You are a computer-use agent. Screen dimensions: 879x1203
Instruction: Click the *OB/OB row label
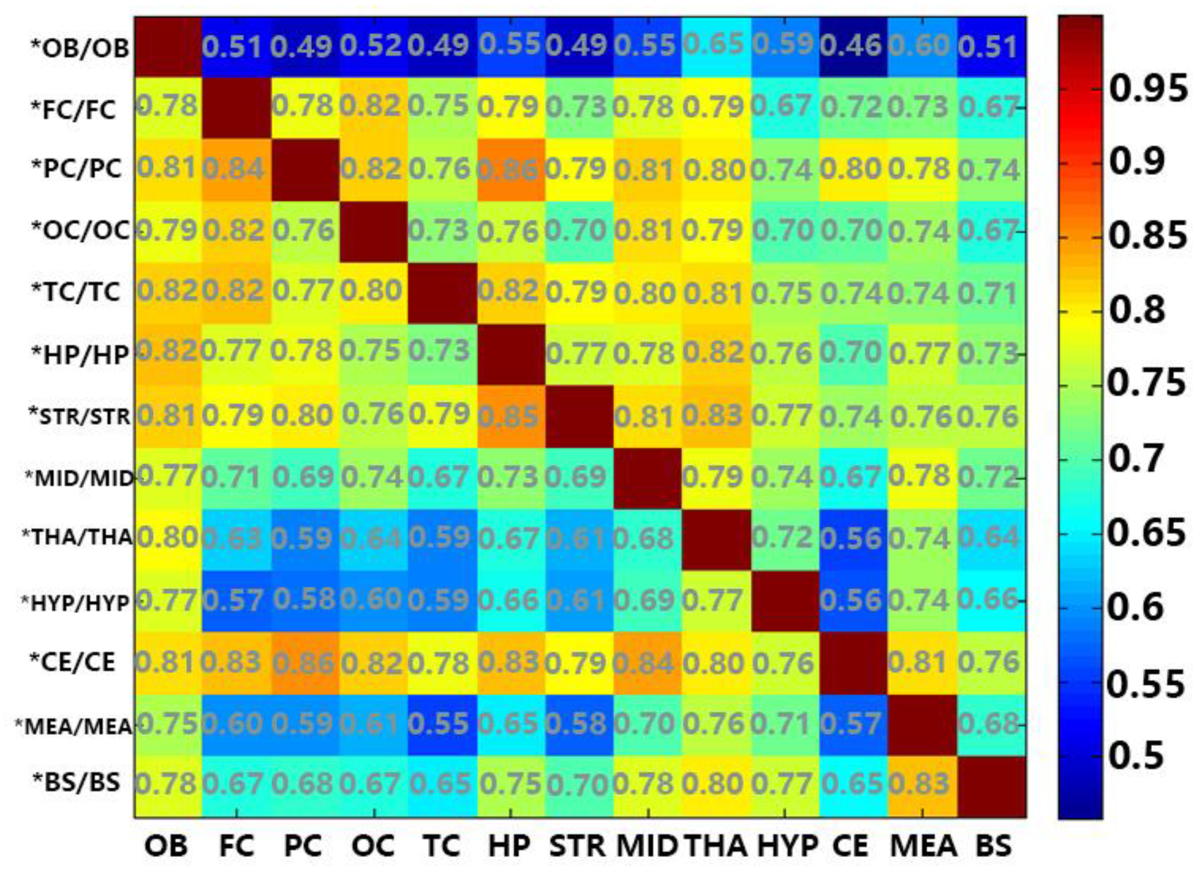click(x=80, y=48)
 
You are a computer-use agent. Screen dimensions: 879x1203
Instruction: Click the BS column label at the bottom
click(x=993, y=845)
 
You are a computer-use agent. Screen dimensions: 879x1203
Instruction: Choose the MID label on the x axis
click(x=647, y=845)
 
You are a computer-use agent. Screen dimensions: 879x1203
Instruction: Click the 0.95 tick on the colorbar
click(x=1147, y=89)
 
